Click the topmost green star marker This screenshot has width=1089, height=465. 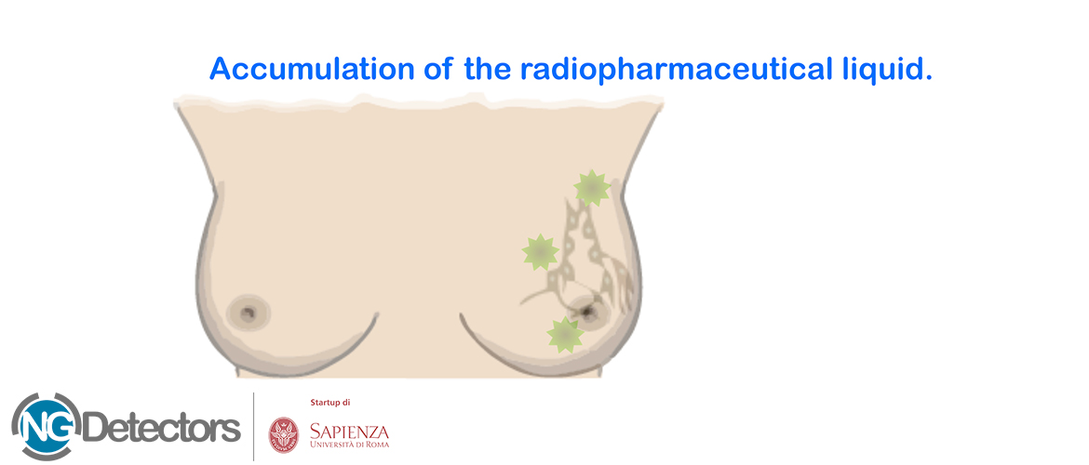click(x=592, y=188)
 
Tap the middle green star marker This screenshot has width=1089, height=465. click(x=541, y=252)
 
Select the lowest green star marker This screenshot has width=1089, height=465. click(x=565, y=335)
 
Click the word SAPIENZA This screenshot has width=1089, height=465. click(x=349, y=431)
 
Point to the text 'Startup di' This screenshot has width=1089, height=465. click(x=329, y=403)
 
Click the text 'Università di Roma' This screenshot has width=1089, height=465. click(x=349, y=445)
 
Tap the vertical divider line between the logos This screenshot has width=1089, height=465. click(x=253, y=426)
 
